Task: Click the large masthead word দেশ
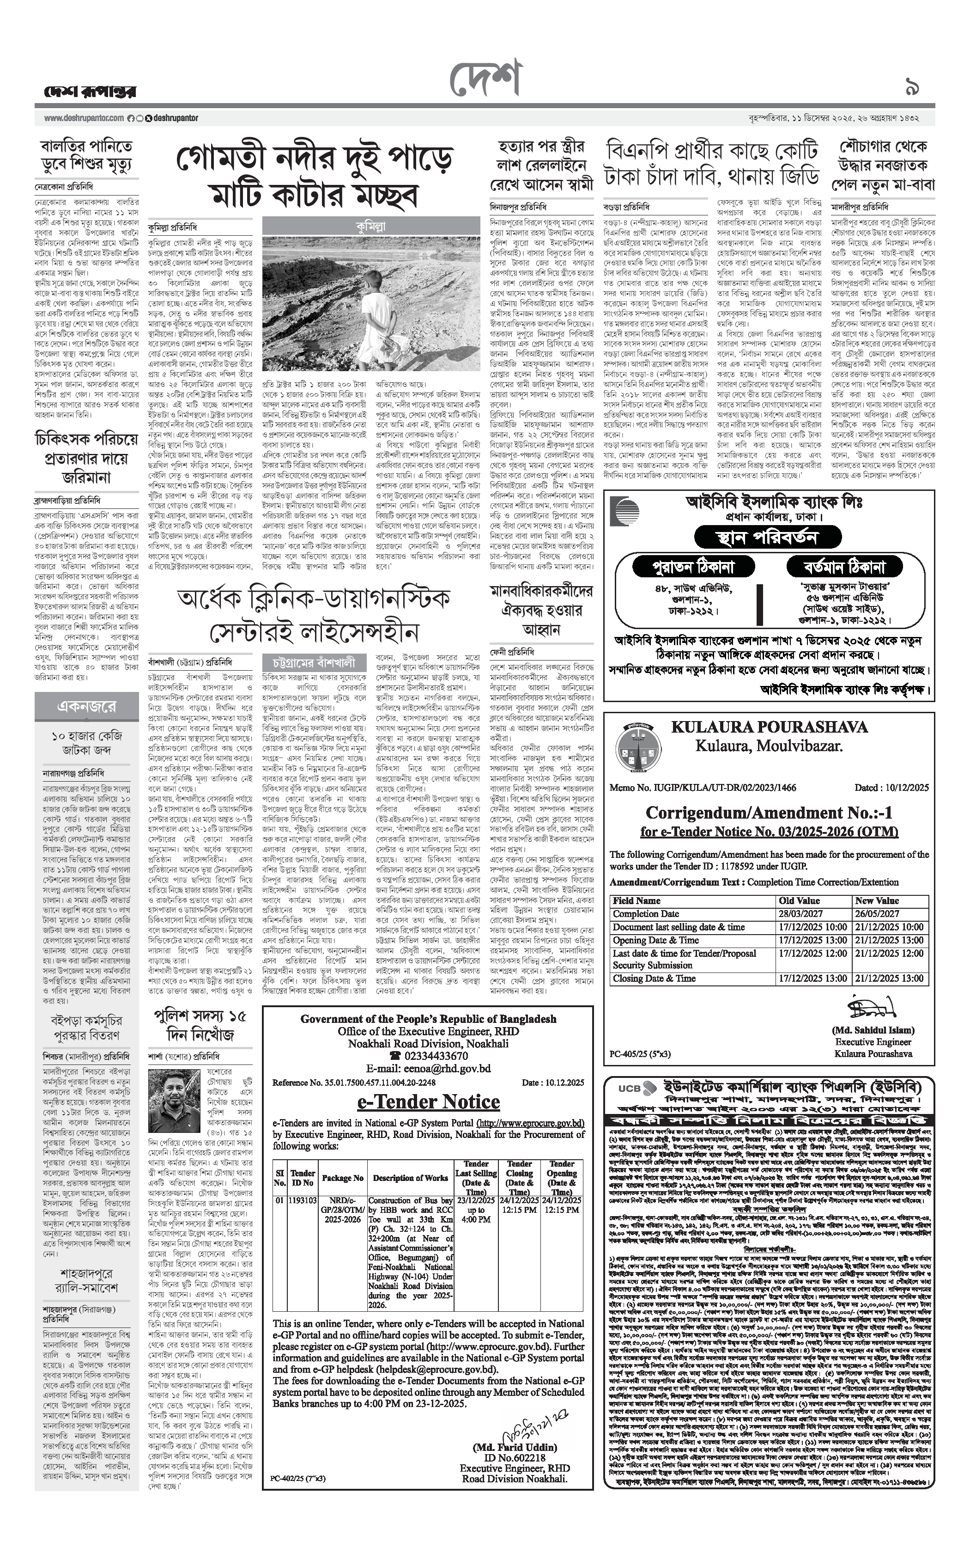[x=485, y=81]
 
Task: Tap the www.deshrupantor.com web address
[x=84, y=118]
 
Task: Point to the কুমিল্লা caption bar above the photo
[x=371, y=226]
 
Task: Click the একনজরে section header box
[x=87, y=706]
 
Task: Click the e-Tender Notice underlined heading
[x=428, y=1101]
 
